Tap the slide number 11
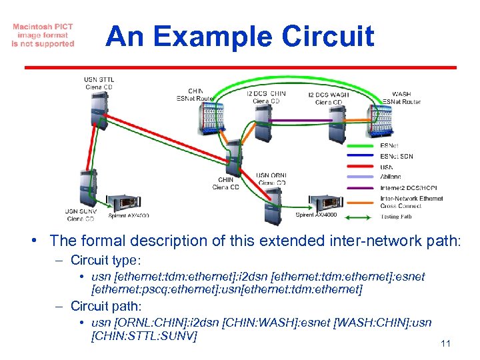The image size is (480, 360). click(447, 344)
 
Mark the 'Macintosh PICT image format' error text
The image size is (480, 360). click(43, 35)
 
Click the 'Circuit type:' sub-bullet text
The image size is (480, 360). click(113, 260)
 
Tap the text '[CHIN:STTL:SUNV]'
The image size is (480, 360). click(143, 336)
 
